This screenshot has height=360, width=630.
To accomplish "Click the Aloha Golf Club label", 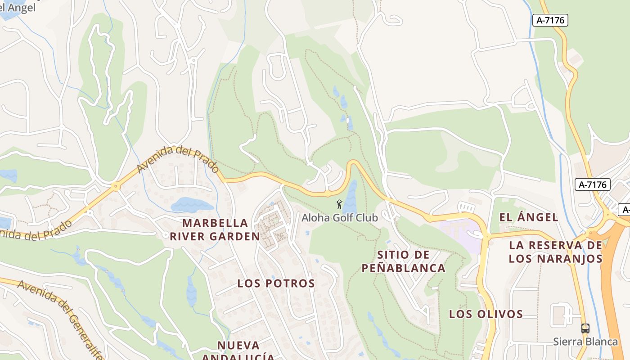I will [340, 218].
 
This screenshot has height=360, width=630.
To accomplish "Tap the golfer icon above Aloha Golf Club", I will [339, 204].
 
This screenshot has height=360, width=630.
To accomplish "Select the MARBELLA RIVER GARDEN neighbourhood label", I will [215, 229].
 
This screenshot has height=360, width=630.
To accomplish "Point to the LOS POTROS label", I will [276, 283].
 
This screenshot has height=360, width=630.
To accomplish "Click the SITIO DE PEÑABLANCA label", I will [404, 261].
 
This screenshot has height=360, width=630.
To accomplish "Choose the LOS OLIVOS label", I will [486, 314].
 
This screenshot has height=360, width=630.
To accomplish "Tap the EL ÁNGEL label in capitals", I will [529, 217].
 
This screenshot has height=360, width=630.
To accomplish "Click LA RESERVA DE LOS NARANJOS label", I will [555, 252].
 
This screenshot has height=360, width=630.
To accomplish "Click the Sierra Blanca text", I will [585, 342].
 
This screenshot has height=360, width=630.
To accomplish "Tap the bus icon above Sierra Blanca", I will [585, 328].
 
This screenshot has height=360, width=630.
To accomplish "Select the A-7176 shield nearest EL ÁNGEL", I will [592, 184].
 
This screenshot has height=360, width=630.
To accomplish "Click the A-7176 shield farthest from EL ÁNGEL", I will [550, 20].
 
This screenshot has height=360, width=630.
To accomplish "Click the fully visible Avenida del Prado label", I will [178, 160].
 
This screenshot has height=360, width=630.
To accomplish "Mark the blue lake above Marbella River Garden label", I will [191, 205].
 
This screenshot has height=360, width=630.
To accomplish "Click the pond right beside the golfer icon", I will [350, 198].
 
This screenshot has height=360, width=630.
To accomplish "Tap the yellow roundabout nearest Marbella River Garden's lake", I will [116, 186].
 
